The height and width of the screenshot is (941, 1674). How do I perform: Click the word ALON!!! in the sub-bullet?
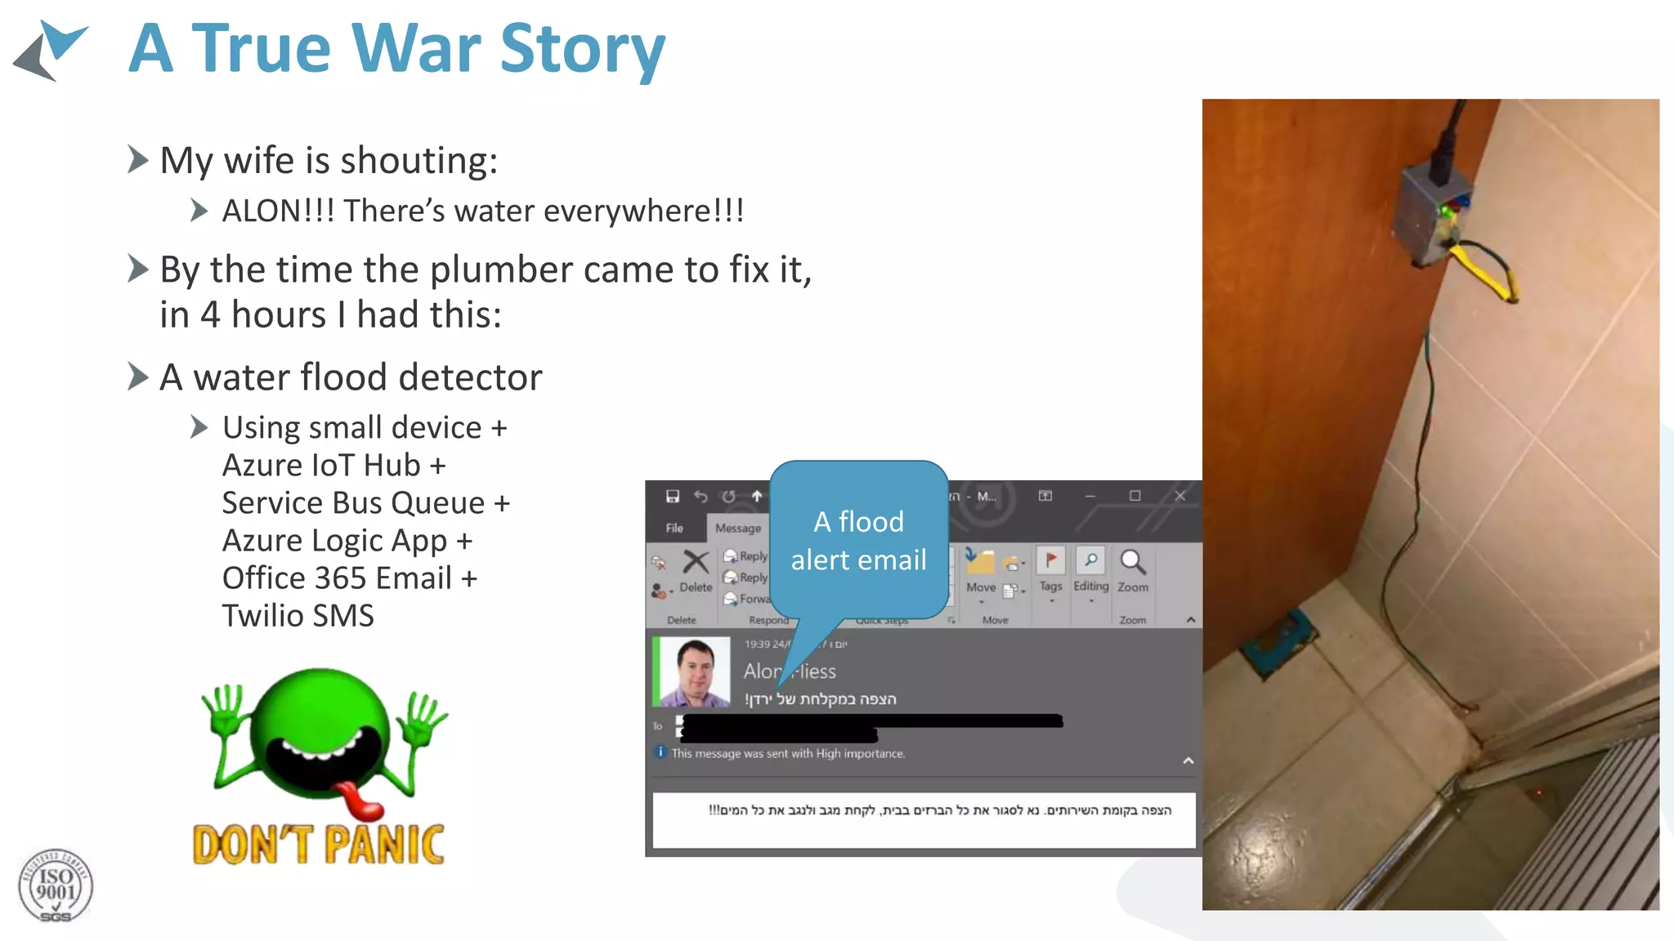pyautogui.click(x=278, y=211)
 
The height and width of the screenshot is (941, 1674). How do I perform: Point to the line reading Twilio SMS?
pyautogui.click(x=298, y=616)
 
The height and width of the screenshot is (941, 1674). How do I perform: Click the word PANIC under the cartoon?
pyautogui.click(x=384, y=845)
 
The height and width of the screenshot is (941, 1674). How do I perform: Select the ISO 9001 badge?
pyautogui.click(x=56, y=886)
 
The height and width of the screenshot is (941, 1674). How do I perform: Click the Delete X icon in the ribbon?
pyautogui.click(x=696, y=562)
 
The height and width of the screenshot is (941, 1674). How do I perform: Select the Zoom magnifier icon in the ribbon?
pyautogui.click(x=1132, y=562)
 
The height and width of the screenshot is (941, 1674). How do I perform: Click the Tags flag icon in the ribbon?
pyautogui.click(x=1050, y=560)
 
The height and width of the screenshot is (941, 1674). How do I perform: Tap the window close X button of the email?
pyautogui.click(x=1179, y=496)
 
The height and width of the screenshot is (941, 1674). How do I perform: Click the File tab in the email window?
pyautogui.click(x=674, y=528)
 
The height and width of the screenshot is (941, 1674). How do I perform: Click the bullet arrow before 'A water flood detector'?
pyautogui.click(x=138, y=377)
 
